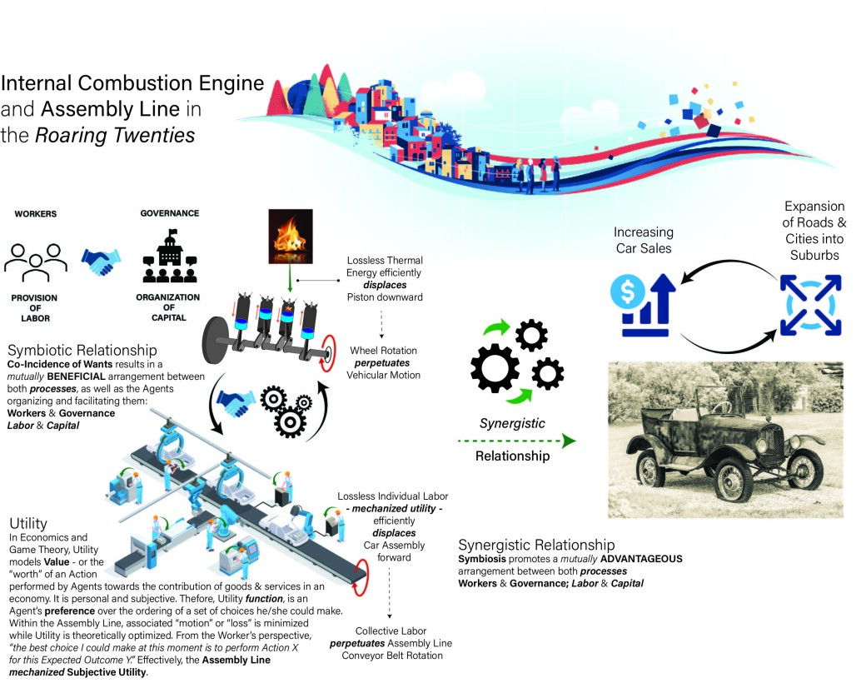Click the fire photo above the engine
pyautogui.click(x=291, y=237)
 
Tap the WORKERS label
pyautogui.click(x=36, y=213)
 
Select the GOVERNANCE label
pyautogui.click(x=170, y=213)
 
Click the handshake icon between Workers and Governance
pyautogui.click(x=101, y=262)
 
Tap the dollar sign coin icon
pyautogui.click(x=628, y=291)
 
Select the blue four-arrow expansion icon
pyautogui.click(x=810, y=305)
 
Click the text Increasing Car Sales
pyautogui.click(x=644, y=240)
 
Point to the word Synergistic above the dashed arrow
pyautogui.click(x=512, y=423)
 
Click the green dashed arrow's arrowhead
pyautogui.click(x=569, y=441)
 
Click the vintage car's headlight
pyautogui.click(x=761, y=445)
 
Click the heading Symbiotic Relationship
pyautogui.click(x=82, y=350)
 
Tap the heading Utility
pyautogui.click(x=28, y=523)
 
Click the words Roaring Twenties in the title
pyautogui.click(x=115, y=135)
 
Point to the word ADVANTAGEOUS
pyautogui.click(x=641, y=559)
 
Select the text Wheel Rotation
pyautogui.click(x=383, y=351)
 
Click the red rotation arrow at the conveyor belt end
pyautogui.click(x=360, y=576)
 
